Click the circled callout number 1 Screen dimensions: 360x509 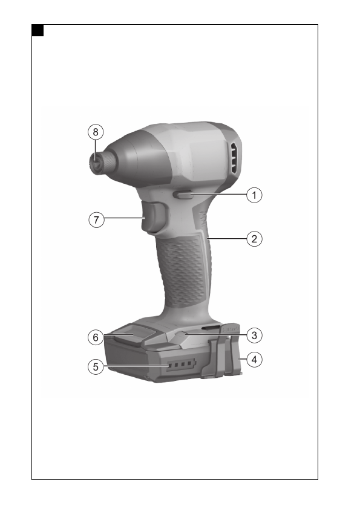point(254,195)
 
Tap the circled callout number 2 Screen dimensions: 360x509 point(254,239)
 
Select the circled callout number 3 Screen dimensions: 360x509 point(254,336)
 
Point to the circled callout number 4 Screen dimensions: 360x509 point(254,360)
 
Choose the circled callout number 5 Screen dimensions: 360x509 point(96,367)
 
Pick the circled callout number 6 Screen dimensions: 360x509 point(96,337)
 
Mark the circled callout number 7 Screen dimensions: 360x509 point(96,220)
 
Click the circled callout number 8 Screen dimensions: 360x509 point(96,132)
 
